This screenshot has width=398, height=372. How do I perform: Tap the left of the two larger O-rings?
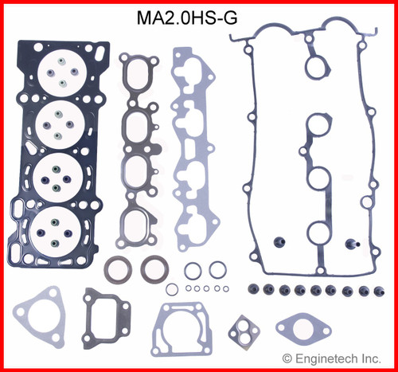pyautogui.click(x=193, y=270)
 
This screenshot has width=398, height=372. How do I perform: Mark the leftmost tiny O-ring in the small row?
pyautogui.click(x=187, y=289)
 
